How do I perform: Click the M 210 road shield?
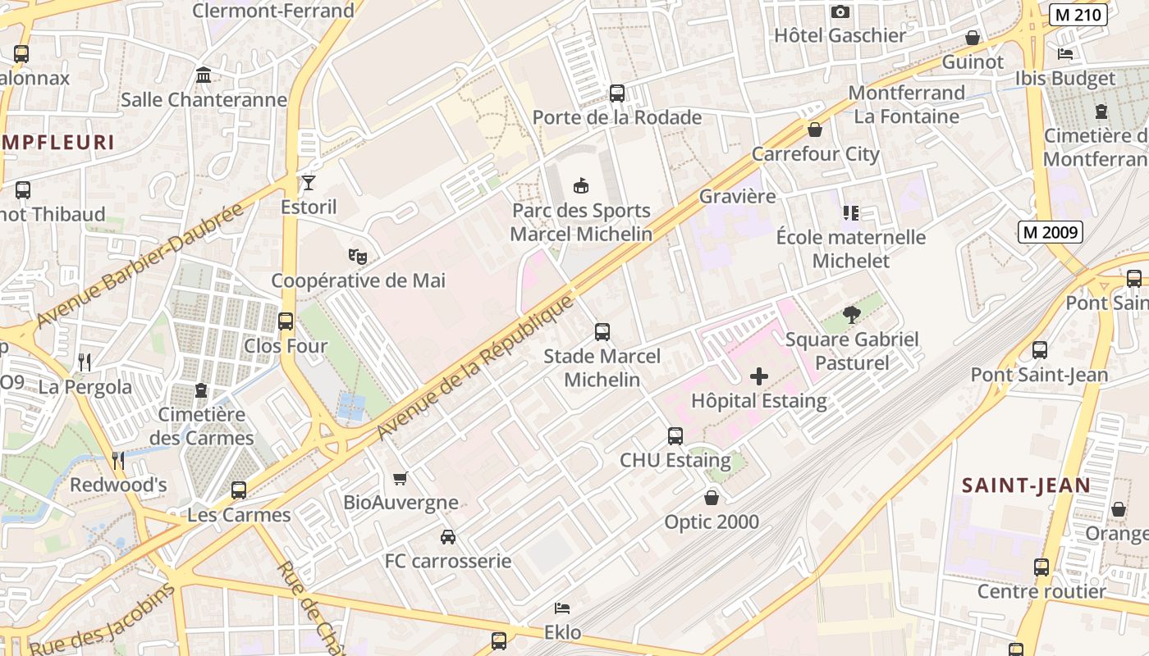point(1078,14)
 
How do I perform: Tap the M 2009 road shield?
point(1051,232)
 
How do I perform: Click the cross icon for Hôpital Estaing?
point(759,376)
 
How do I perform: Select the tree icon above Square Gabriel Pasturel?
point(852,315)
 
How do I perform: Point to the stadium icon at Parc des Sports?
point(581,185)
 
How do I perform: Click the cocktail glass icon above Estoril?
point(309,182)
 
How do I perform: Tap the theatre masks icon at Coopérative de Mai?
point(358,256)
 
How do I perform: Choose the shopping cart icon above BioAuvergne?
point(401,478)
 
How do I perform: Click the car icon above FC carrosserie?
point(448,537)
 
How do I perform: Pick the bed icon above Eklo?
point(562,608)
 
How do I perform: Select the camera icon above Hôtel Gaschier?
point(840,11)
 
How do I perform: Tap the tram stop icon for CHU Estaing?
point(675,436)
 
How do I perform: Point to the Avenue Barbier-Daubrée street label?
point(140,264)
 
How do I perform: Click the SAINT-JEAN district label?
point(1026,485)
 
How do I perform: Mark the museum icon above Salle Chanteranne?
point(204,76)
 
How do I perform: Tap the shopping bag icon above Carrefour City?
point(815,130)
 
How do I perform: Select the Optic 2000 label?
point(712,522)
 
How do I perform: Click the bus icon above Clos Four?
point(286,321)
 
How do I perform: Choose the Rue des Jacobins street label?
point(103,620)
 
